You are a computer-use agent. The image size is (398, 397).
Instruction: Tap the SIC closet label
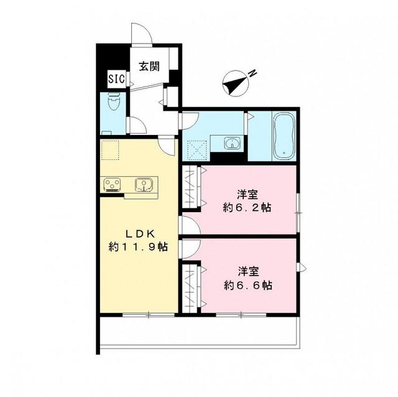point(116,79)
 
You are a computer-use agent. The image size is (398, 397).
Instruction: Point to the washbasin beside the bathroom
point(233,143)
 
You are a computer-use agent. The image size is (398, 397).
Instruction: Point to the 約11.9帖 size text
point(137,247)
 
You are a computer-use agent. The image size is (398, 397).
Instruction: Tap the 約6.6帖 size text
point(248,286)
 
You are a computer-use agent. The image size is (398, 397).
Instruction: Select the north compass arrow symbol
point(234,83)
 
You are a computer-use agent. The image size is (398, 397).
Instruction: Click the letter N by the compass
point(252,74)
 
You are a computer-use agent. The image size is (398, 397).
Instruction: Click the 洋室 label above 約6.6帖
point(248,272)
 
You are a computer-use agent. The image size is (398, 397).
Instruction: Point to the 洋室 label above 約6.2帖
point(248,192)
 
